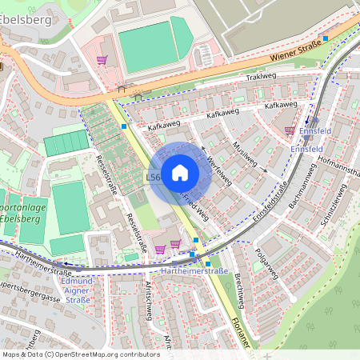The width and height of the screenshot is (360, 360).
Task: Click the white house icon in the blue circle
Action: [x=180, y=172]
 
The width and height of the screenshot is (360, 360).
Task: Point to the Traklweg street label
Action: [x=261, y=78]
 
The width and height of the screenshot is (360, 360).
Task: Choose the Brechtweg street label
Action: [x=239, y=288]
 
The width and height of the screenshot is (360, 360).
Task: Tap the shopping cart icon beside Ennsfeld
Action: [x=289, y=130]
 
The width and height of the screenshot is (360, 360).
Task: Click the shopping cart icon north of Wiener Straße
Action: [x=102, y=59]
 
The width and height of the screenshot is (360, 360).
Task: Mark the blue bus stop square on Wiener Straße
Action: [x=325, y=38]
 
